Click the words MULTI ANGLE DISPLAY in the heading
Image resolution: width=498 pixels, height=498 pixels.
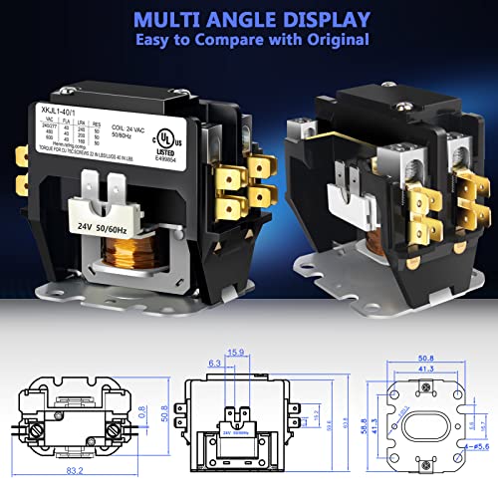tap(250, 19)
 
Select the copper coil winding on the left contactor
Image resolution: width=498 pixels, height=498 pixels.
tap(115, 260)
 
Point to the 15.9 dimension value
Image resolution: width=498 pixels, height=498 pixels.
tap(236, 352)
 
